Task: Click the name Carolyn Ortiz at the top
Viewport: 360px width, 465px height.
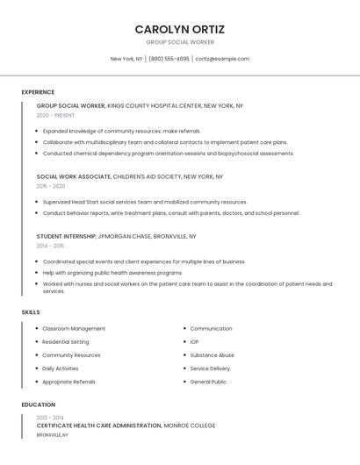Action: pos(180,29)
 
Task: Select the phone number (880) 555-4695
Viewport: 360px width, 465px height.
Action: pos(169,59)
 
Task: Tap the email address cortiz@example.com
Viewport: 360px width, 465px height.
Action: pos(222,59)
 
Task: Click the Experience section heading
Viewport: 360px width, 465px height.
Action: pos(38,92)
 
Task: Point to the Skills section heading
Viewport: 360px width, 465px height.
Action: pos(31,312)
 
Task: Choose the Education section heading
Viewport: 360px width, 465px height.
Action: pos(39,404)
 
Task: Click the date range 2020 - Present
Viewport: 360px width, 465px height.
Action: pos(55,115)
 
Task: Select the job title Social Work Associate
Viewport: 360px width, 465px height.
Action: pos(73,176)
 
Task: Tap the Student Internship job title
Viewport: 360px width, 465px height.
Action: pos(66,237)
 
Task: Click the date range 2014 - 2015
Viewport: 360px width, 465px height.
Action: pos(50,246)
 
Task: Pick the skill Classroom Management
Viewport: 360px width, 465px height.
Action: pos(74,329)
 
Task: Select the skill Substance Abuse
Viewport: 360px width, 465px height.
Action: pos(212,355)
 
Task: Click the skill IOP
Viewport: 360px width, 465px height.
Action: pos(194,342)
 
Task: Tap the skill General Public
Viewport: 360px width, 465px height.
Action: pos(208,382)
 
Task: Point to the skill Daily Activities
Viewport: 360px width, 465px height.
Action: pos(61,368)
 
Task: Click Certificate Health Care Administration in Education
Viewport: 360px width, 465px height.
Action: pos(98,426)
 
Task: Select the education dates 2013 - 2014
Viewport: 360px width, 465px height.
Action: pos(50,418)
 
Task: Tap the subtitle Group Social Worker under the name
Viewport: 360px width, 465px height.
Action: pos(180,42)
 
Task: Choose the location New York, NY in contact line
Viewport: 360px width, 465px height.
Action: pos(126,59)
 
